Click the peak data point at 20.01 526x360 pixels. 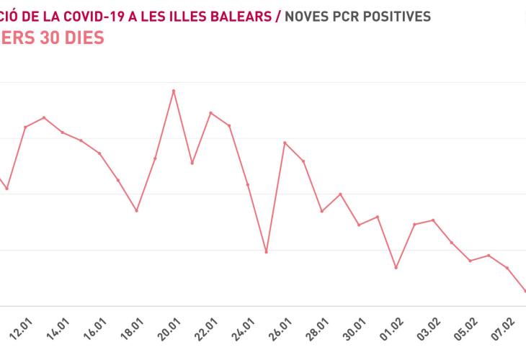pyautogui.click(x=173, y=91)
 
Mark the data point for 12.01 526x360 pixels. pyautogui.click(x=25, y=127)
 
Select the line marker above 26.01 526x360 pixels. pyautogui.click(x=285, y=143)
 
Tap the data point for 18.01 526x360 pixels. pyautogui.click(x=136, y=210)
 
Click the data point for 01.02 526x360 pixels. pyautogui.click(x=396, y=267)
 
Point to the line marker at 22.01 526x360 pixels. pyautogui.click(x=210, y=113)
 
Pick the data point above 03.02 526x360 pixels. pyautogui.click(x=433, y=220)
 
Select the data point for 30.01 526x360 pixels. pyautogui.click(x=359, y=225)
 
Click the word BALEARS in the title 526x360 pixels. pyautogui.click(x=242, y=16)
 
